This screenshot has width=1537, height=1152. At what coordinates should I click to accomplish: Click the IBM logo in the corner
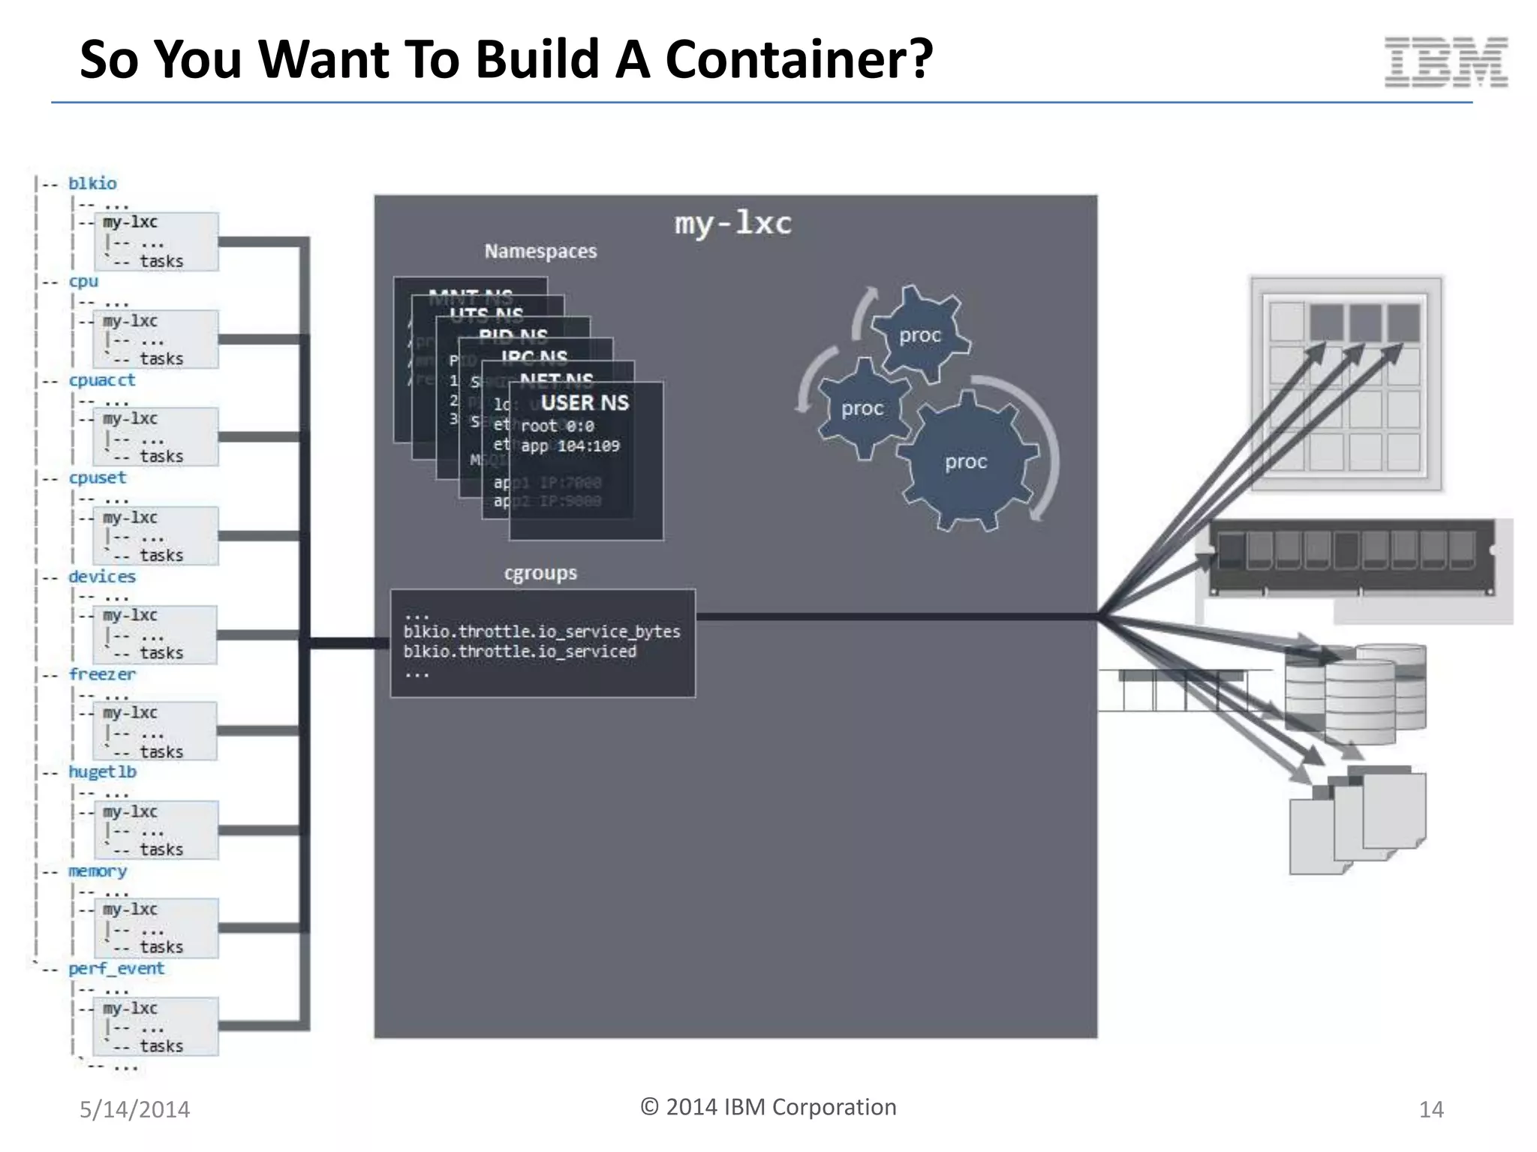click(x=1445, y=61)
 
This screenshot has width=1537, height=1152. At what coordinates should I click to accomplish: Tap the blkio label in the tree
click(x=92, y=184)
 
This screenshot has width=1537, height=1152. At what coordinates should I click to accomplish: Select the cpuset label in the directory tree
click(x=98, y=478)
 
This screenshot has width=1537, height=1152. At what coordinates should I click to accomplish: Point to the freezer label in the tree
click(x=102, y=674)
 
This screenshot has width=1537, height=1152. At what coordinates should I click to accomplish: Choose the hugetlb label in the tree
click(x=102, y=772)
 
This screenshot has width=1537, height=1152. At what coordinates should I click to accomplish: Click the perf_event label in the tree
click(x=116, y=968)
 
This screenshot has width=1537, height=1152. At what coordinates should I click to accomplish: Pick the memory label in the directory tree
click(x=98, y=871)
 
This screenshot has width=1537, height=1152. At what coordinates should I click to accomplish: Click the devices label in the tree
click(x=102, y=577)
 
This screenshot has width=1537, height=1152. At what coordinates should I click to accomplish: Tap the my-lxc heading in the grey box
click(x=732, y=223)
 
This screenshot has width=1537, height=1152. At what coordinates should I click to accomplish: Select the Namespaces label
click(x=540, y=251)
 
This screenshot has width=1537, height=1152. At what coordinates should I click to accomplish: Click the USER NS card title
click(x=585, y=403)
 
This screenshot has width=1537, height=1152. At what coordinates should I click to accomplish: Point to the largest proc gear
click(x=966, y=461)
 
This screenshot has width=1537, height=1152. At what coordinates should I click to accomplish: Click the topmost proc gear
click(x=920, y=335)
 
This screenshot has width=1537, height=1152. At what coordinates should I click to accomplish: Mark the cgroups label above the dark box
click(x=540, y=573)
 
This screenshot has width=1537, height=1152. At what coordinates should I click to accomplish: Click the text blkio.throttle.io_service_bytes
click(x=542, y=631)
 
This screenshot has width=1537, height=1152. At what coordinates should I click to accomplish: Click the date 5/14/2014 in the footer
click(x=135, y=1109)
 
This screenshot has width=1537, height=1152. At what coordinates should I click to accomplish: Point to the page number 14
click(x=1431, y=1109)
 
